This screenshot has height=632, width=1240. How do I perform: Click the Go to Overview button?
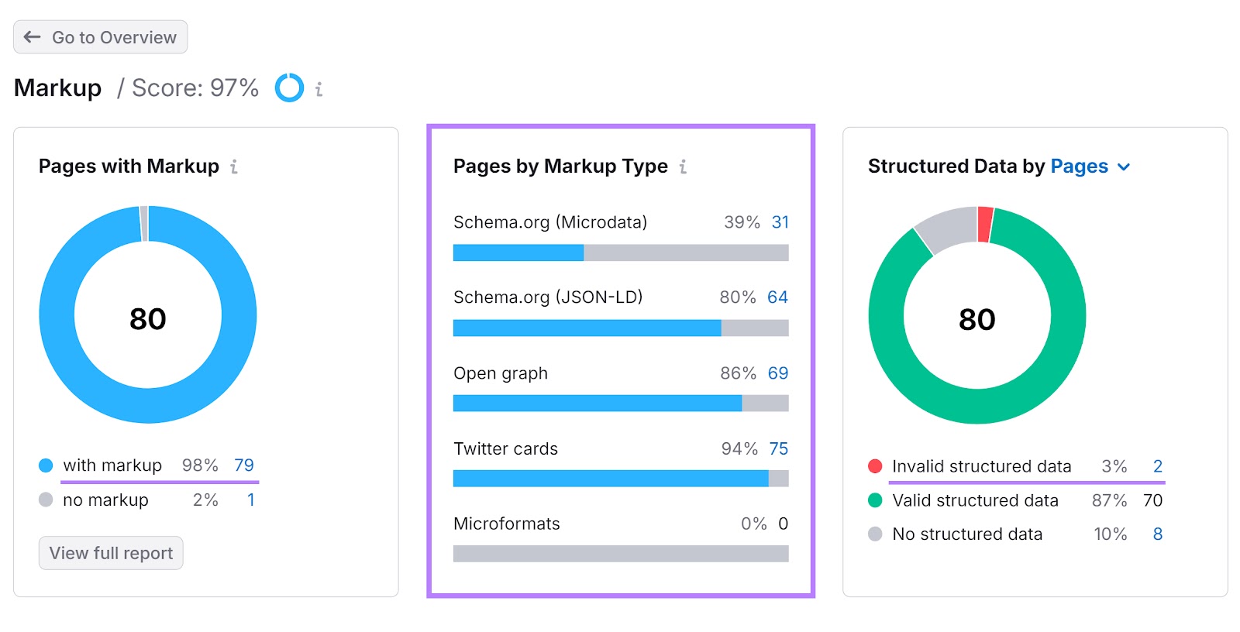click(x=101, y=37)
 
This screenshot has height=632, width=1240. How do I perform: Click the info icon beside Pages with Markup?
click(x=234, y=167)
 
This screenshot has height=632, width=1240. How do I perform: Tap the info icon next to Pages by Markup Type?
click(x=683, y=167)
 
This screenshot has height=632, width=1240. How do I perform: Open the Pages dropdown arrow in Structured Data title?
click(x=1124, y=167)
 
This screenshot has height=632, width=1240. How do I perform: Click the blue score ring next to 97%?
click(x=289, y=88)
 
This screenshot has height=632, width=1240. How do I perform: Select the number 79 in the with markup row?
click(x=244, y=465)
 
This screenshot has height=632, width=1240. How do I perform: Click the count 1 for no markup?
click(x=251, y=500)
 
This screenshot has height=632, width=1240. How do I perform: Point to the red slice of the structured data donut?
click(x=985, y=224)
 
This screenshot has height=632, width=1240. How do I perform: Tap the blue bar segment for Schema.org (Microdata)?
click(x=518, y=252)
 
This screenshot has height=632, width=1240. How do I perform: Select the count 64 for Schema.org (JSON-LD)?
click(x=777, y=297)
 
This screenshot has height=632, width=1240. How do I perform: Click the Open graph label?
click(x=501, y=373)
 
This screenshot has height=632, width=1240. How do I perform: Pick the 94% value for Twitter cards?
click(x=739, y=449)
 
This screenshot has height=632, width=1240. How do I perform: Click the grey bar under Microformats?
click(x=621, y=554)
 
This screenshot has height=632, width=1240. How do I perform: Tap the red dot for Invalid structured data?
click(x=875, y=466)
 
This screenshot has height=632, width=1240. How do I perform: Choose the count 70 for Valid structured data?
click(x=1152, y=500)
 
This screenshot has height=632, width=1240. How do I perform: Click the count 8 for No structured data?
click(x=1158, y=534)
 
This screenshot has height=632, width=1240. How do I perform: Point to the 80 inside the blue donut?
click(x=148, y=319)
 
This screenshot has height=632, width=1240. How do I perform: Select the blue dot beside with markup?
click(x=46, y=465)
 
